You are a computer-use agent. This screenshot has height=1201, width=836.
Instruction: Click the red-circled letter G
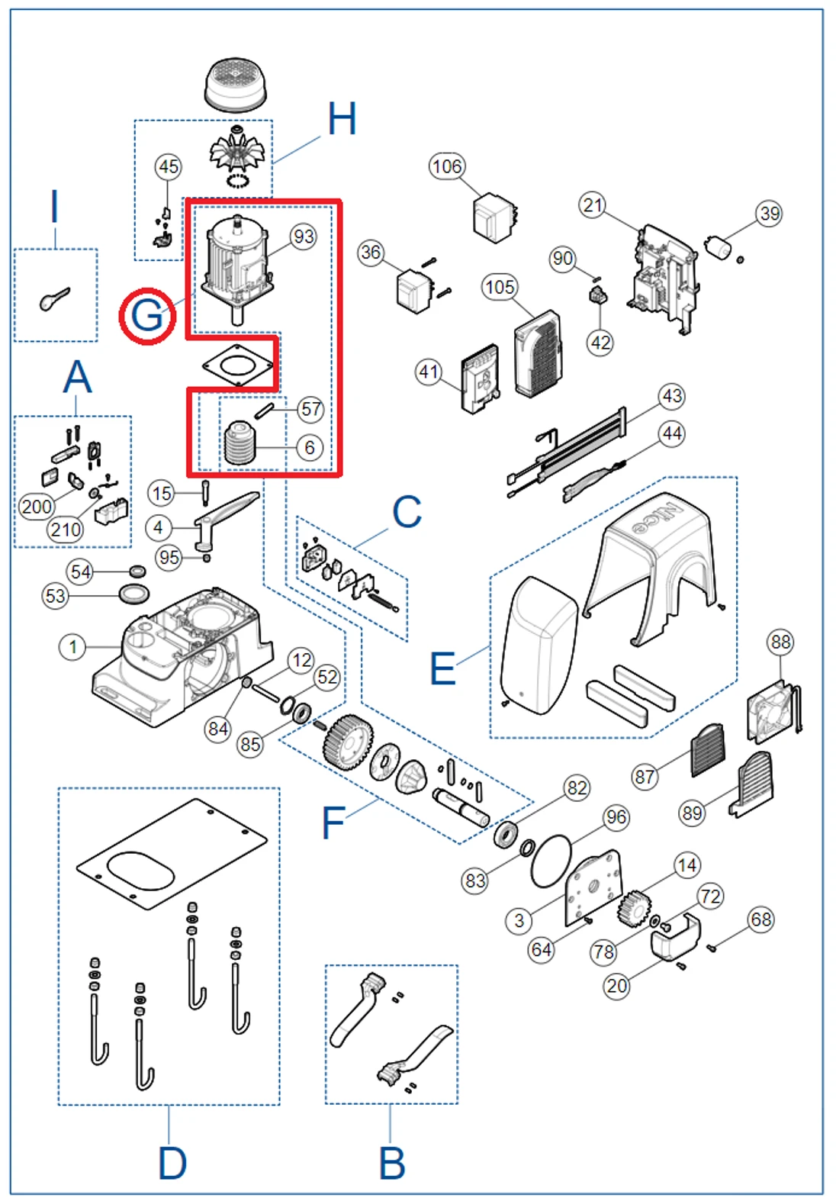click(147, 315)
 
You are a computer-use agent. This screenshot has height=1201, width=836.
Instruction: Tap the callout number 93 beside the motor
click(304, 237)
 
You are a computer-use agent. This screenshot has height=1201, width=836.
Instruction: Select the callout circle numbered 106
click(447, 166)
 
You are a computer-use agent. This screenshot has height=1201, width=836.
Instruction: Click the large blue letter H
click(342, 120)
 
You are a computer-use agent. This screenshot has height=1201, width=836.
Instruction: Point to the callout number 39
click(770, 214)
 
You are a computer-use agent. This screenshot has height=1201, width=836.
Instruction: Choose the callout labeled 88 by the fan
click(780, 642)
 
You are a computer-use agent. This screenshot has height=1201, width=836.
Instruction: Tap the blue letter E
click(442, 668)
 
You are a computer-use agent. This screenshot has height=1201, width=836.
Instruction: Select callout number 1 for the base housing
click(72, 648)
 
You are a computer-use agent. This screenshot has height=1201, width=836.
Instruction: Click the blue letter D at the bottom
click(172, 1163)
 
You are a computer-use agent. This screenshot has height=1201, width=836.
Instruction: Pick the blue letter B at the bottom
click(392, 1163)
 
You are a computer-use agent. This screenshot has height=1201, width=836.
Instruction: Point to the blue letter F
click(333, 823)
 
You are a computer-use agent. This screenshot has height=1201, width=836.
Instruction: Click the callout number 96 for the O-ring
click(616, 818)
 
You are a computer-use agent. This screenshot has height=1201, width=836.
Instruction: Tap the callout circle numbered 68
click(761, 919)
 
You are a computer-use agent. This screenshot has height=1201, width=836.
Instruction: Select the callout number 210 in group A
click(66, 529)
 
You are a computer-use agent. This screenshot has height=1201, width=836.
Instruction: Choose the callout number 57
click(310, 409)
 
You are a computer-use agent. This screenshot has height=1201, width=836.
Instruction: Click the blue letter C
click(407, 512)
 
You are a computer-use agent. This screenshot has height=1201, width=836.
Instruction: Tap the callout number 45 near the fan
click(169, 166)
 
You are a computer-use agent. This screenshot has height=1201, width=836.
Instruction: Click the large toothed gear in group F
click(348, 742)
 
